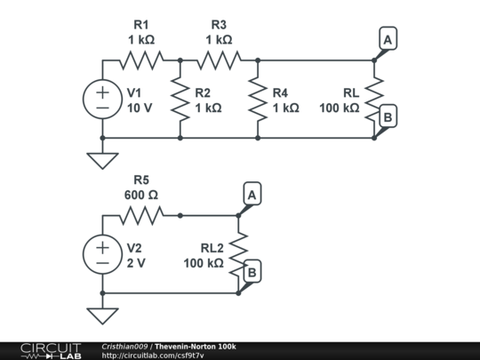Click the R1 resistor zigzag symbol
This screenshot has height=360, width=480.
[x=141, y=60]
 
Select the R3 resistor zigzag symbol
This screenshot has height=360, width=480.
[x=219, y=60]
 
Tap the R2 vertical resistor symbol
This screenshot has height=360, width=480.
[x=180, y=100]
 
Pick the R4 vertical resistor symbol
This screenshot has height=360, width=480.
[x=258, y=100]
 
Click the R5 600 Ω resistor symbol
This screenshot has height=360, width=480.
[x=141, y=215]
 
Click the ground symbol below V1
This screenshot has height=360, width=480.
[x=102, y=160]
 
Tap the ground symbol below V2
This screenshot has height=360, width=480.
[x=102, y=316]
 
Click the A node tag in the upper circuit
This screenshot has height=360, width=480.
[x=388, y=38]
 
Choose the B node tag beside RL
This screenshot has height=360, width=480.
[x=388, y=116]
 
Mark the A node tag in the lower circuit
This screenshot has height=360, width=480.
[x=252, y=194]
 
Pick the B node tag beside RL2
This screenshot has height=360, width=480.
[x=252, y=271]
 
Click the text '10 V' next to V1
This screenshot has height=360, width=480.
[x=140, y=108]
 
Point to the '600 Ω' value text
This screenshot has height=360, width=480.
[x=141, y=195]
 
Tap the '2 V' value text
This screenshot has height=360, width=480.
[x=136, y=263]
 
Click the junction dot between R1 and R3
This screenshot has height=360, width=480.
[x=180, y=60]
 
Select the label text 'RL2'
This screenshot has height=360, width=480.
[x=212, y=248]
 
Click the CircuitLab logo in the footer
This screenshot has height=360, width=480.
[x=51, y=351]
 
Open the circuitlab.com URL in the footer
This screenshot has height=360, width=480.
[x=153, y=356]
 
